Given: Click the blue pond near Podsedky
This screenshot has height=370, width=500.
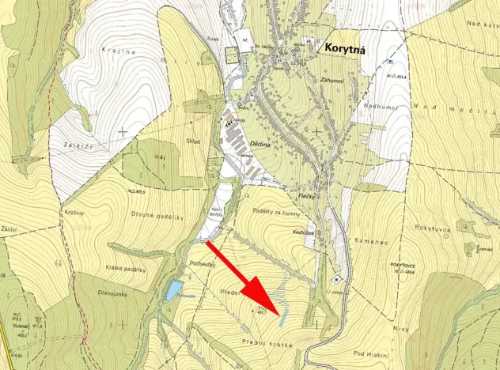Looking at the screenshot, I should tap(172, 292).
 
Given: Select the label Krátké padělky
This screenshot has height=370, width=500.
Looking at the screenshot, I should tap(125, 270).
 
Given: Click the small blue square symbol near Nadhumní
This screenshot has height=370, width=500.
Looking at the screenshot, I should tap(390, 61).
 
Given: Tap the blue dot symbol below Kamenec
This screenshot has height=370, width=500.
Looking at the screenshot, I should tap(335, 279).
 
